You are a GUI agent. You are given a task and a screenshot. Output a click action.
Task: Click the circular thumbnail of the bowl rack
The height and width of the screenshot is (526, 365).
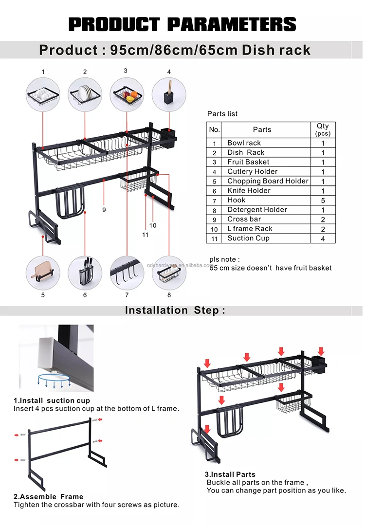tap(43, 94)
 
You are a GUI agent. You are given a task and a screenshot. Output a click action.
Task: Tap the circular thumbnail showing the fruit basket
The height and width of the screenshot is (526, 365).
tap(127, 94)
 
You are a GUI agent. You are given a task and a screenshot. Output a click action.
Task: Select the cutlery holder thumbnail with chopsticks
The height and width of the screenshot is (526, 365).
tap(169, 94)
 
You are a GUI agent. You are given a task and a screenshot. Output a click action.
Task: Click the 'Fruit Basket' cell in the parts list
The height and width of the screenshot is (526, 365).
tap(248, 162)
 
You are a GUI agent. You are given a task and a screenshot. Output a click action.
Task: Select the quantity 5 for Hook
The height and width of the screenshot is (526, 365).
tap(323, 200)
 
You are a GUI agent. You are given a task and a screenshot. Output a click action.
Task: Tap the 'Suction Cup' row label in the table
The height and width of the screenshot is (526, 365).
tap(248, 238)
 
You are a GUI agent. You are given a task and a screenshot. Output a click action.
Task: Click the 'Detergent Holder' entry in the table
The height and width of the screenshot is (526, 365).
tap(257, 210)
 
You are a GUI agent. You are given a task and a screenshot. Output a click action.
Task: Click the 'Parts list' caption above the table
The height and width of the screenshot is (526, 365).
tap(222, 114)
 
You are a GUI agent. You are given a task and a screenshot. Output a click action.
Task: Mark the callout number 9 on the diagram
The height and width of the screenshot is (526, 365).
tap(104, 210)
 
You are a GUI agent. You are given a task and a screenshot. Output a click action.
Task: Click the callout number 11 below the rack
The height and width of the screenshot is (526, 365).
tap(145, 235)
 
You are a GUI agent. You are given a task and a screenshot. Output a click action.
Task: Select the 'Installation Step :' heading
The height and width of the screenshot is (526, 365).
tap(175, 310)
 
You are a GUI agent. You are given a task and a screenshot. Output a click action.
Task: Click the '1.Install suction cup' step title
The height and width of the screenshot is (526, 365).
tap(52, 400)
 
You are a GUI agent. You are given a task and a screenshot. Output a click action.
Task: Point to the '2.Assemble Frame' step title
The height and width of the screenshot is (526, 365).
tap(48, 497)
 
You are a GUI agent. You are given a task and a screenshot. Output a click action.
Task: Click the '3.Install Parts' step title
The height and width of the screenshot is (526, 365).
tap(230, 474)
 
